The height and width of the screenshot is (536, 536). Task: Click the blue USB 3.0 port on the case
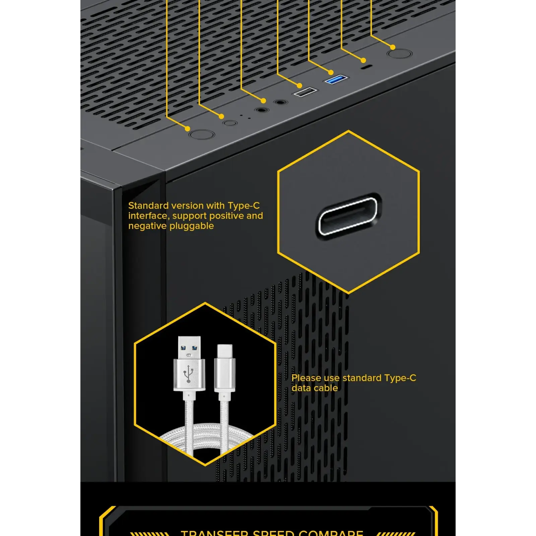pos(335,79)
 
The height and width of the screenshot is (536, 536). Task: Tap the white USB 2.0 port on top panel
pos(305,91)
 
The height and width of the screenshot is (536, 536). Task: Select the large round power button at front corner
pos(202,135)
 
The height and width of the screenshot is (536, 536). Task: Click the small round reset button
pos(230,123)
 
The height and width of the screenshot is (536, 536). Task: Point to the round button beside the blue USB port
pos(399,54)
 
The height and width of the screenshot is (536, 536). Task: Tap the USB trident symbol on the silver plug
pos(189,374)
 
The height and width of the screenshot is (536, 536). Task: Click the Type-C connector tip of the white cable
pos(224,351)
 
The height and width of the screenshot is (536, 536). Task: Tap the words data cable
pos(315,388)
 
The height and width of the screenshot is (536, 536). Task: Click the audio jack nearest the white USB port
pos(280,102)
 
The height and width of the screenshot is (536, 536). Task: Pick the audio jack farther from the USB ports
pos(261,110)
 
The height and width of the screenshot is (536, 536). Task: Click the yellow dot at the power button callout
pos(188,129)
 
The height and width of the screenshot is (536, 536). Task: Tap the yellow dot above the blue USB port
pos(331,72)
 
